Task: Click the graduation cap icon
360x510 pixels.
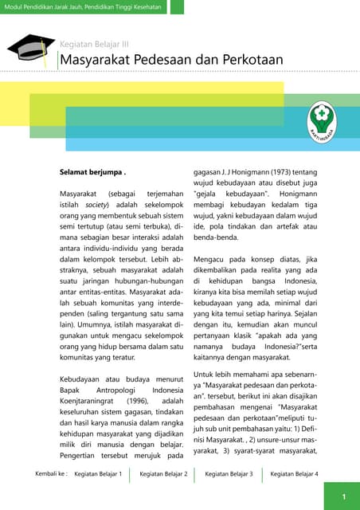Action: pos(31,48)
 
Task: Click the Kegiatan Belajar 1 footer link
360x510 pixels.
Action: pos(98,474)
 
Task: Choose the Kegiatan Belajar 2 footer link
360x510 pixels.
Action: pos(163,474)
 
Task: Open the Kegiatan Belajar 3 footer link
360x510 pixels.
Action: pos(229,474)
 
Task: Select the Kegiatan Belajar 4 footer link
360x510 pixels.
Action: pos(294,474)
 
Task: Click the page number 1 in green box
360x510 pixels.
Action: pos(343,497)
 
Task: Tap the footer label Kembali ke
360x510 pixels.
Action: pos(51,474)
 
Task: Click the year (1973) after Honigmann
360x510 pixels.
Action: pos(281,171)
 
